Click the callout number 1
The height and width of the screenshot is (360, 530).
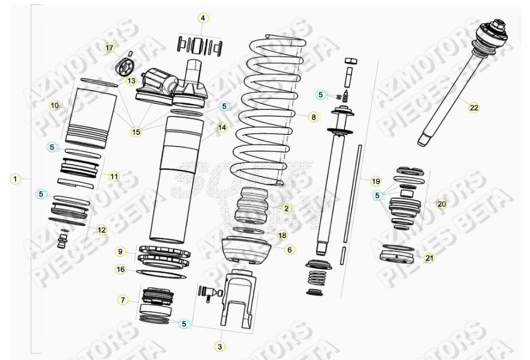(x=16, y=178)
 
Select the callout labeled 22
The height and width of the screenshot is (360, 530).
(x=474, y=108)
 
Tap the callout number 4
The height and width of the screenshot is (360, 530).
(x=203, y=18)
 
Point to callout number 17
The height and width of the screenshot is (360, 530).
(x=109, y=48)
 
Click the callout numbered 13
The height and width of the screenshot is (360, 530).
(x=132, y=81)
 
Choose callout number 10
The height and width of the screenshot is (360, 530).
(x=54, y=105)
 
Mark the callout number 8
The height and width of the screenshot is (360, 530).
(x=313, y=116)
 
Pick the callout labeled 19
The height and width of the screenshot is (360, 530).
(x=375, y=181)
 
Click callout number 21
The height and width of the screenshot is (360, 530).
(x=429, y=258)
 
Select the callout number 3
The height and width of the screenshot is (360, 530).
(x=220, y=346)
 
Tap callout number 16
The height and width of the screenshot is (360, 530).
(x=120, y=269)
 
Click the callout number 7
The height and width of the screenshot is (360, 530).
(x=123, y=300)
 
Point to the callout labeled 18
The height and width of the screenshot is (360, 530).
(x=282, y=235)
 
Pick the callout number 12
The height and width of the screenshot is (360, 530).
(x=101, y=230)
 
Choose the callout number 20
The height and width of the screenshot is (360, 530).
(x=442, y=204)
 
